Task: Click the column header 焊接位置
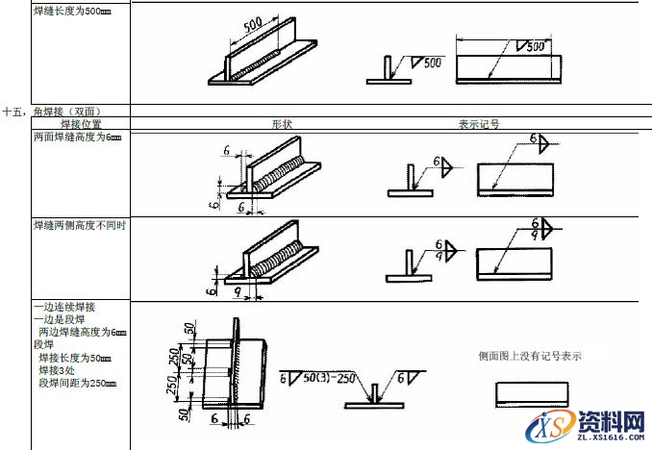coord(81,124)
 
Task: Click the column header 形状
coord(282,124)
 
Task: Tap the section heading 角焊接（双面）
coord(66,112)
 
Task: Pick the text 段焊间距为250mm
coord(78,383)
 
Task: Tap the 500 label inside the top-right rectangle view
coord(536,45)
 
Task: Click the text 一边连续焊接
coord(63,308)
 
